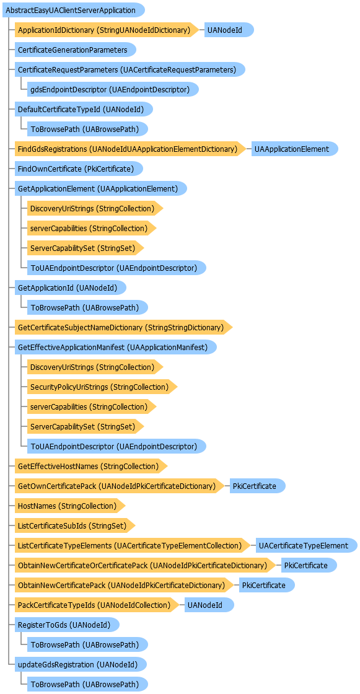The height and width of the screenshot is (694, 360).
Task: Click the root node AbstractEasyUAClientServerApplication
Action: tap(74, 10)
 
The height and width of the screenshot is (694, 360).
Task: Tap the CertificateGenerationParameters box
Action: tap(75, 50)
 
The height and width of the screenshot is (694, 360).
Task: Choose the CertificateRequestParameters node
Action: tap(130, 69)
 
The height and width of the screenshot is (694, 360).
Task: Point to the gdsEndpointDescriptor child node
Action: tap(113, 89)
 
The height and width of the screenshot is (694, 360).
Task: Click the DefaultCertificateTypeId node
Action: tap(84, 109)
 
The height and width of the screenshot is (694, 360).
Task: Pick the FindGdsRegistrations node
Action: tap(130, 149)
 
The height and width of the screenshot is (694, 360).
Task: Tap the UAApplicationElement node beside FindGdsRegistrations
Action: tap(295, 149)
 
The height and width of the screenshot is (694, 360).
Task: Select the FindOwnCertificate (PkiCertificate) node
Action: tap(79, 169)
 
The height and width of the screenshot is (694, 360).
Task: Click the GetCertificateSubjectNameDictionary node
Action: tap(123, 328)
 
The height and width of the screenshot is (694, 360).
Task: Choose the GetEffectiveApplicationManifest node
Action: tap(116, 348)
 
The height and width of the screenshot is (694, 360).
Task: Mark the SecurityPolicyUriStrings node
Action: tap(102, 387)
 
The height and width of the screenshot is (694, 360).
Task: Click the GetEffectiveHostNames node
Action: tap(91, 466)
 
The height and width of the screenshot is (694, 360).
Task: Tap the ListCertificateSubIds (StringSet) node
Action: tap(75, 526)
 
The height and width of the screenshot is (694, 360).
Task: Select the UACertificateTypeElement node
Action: tap(307, 546)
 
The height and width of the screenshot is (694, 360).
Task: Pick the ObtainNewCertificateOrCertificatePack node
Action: tap(145, 565)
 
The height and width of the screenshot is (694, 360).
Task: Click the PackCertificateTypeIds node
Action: tap(97, 605)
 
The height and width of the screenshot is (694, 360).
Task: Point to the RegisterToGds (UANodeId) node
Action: tap(68, 625)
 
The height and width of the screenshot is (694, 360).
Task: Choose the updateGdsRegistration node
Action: tap(81, 664)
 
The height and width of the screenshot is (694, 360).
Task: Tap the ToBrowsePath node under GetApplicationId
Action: tap(87, 307)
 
